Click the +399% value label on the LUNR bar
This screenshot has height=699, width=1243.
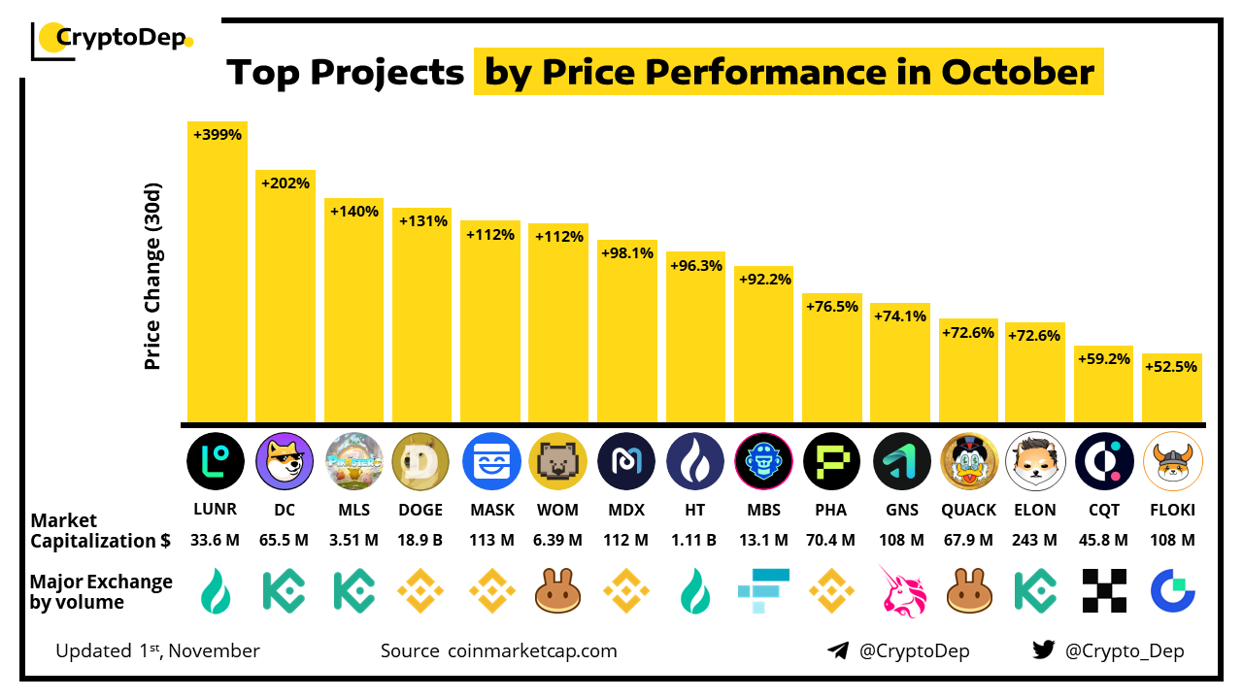(217, 135)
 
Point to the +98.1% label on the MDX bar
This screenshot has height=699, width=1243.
(626, 252)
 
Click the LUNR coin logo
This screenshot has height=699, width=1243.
(216, 461)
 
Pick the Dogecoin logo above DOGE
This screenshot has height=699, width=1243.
(420, 461)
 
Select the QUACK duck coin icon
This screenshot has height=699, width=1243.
(969, 461)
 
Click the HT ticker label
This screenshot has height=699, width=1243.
(695, 510)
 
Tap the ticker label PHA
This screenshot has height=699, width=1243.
(831, 510)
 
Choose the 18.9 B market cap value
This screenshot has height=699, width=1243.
(420, 540)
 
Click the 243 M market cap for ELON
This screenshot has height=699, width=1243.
(1034, 540)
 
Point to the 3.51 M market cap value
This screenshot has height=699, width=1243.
(353, 540)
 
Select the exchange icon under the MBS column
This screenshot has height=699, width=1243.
(764, 590)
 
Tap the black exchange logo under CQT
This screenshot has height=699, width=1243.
(1104, 590)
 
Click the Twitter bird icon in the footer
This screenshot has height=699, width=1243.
(1044, 650)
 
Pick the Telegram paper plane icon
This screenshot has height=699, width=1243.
(838, 650)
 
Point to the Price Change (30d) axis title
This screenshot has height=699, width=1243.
(152, 276)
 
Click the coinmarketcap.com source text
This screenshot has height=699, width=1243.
(532, 650)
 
